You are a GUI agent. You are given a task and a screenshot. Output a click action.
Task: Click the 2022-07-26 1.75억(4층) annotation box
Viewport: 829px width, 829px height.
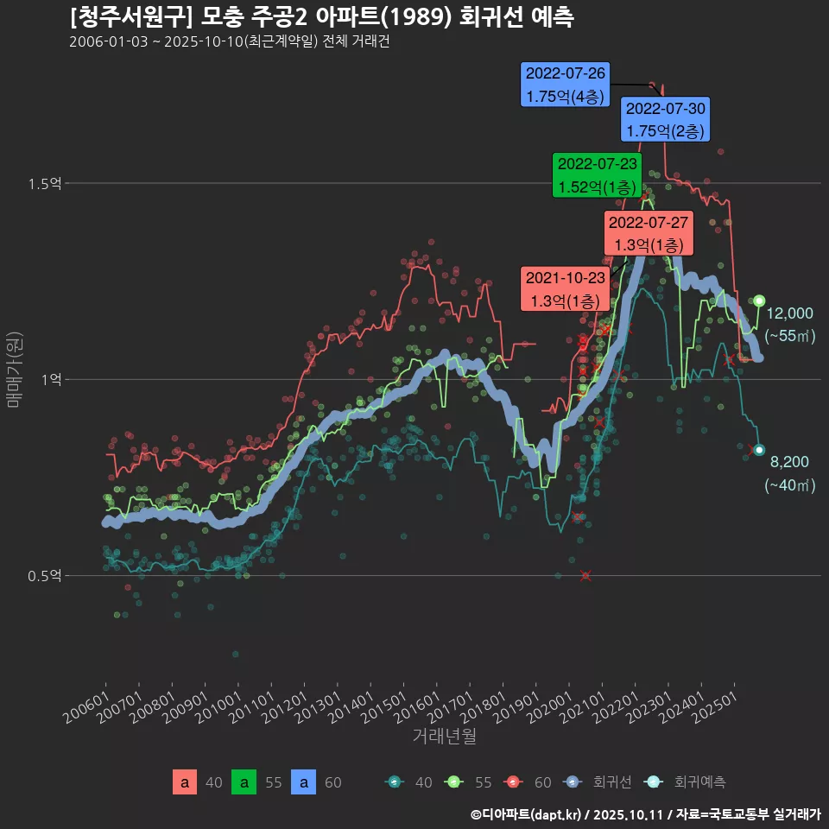point(565,85)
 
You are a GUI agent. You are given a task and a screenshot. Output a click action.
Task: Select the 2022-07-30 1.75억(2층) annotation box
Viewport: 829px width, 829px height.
point(665,119)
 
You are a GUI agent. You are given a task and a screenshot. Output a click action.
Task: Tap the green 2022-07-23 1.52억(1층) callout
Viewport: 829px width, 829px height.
point(598,174)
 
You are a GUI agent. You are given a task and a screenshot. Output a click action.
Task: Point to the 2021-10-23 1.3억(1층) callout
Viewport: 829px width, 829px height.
point(566,289)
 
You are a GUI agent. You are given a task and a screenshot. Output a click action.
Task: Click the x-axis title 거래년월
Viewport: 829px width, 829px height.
point(444,737)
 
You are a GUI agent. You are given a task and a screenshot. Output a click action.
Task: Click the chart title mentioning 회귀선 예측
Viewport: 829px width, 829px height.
point(321,16)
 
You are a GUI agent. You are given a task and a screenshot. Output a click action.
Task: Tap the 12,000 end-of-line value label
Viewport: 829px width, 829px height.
point(789,313)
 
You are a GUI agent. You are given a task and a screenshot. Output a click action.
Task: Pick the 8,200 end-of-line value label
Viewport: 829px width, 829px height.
point(789,462)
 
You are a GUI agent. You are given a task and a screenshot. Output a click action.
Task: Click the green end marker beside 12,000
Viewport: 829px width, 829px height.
point(759,301)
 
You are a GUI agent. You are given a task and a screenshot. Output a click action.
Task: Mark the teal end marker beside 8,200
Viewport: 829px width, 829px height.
point(759,450)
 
